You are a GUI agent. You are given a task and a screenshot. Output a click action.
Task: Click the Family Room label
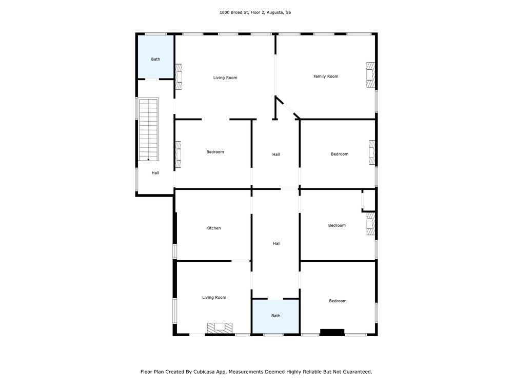[x=326, y=76]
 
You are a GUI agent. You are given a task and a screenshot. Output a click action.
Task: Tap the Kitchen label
[x=213, y=228]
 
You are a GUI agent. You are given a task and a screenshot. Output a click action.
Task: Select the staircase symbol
[x=149, y=129]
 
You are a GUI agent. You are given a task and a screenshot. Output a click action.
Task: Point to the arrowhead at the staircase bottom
[x=148, y=160]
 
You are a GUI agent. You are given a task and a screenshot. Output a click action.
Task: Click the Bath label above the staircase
[x=155, y=59]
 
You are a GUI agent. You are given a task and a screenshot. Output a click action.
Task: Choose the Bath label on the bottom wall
[x=276, y=316]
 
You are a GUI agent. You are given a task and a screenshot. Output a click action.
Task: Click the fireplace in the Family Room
[x=370, y=75]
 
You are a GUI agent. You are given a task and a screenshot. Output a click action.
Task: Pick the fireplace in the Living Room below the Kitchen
[x=220, y=329]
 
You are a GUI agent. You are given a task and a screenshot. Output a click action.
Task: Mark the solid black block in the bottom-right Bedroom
[x=332, y=332]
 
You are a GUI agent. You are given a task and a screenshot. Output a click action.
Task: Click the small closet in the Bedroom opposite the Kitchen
[x=369, y=200]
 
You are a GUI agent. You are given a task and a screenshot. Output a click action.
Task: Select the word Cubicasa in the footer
[x=204, y=372]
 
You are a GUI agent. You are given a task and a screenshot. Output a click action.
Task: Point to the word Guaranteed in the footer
[x=357, y=372]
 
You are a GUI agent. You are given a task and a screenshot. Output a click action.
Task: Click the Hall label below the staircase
[x=155, y=173]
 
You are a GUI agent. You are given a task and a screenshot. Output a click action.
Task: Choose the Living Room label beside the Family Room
[x=225, y=78]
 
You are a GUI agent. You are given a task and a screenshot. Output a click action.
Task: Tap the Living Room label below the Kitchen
[x=214, y=297]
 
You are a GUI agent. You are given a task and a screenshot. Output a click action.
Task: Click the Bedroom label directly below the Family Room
[x=340, y=154]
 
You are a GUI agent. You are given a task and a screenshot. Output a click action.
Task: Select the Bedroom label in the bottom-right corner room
[x=338, y=301]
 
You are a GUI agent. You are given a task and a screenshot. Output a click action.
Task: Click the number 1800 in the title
[x=225, y=12]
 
